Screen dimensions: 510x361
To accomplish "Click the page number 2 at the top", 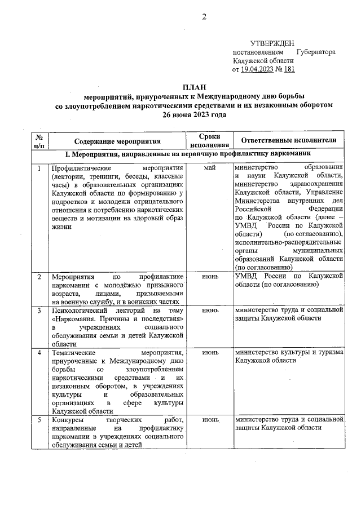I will pyautogui.click(x=205, y=17).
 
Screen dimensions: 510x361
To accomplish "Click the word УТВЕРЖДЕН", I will pyautogui.click(x=272, y=44).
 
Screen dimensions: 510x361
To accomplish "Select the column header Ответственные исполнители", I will pyautogui.click(x=289, y=140).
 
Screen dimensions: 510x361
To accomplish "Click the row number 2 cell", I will pyautogui.click(x=39, y=277).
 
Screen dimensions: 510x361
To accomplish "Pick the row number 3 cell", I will pyautogui.click(x=39, y=310).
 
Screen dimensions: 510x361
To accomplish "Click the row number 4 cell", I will pyautogui.click(x=39, y=352).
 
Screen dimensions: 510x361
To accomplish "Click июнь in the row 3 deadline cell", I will pyautogui.click(x=210, y=310).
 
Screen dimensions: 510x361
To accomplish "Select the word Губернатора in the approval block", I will pyautogui.click(x=315, y=52).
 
